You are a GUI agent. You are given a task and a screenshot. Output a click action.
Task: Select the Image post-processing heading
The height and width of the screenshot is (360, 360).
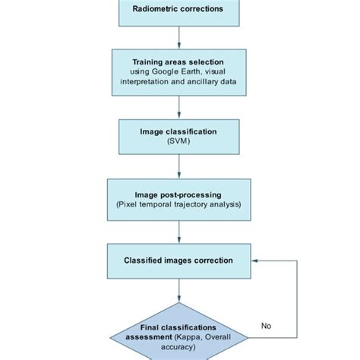[179, 194]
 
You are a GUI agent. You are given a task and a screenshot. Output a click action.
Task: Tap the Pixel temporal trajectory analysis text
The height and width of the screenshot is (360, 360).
[179, 205]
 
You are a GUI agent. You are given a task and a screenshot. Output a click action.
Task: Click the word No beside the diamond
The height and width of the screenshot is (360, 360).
[266, 326]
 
